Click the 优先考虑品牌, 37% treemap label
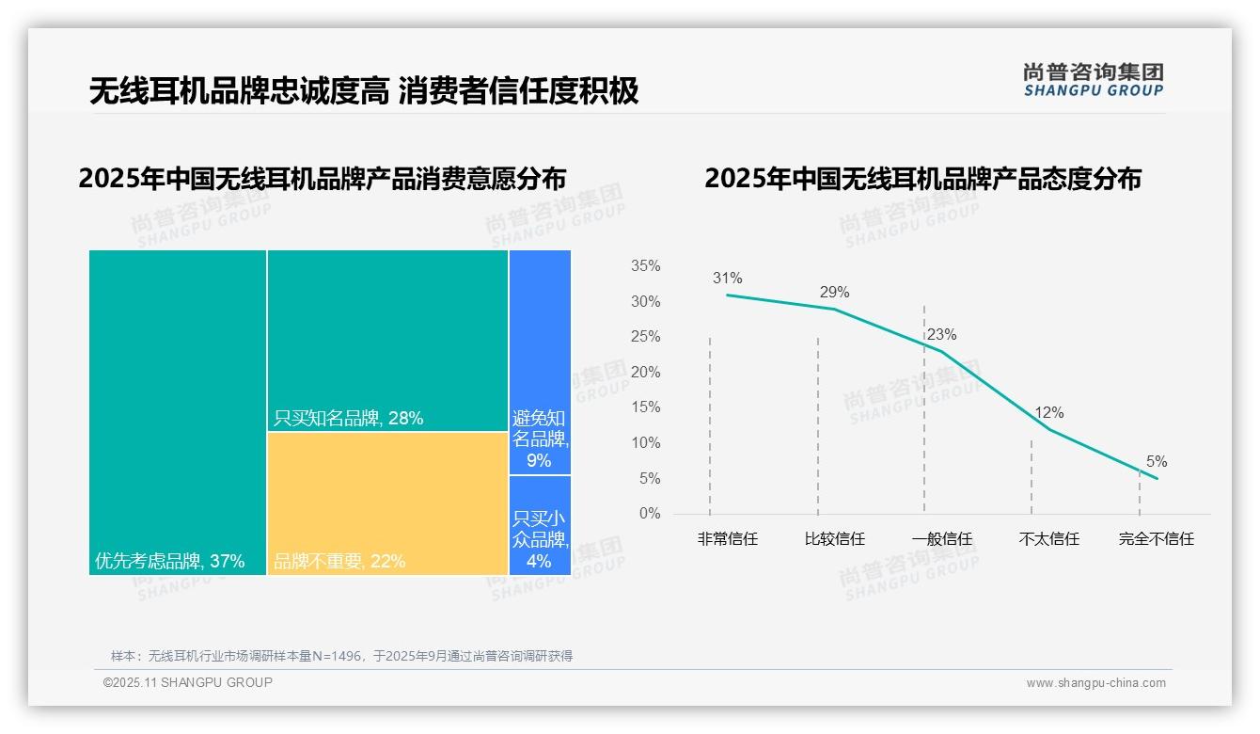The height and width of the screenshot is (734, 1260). tap(169, 562)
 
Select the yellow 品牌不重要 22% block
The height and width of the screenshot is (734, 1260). tap(387, 503)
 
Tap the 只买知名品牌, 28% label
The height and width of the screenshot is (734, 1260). tap(348, 419)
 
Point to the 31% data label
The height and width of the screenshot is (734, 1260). tap(727, 279)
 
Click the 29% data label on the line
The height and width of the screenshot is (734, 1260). tap(834, 292)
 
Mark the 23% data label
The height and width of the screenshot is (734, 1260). tap(941, 335)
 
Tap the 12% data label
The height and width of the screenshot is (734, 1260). tap(1048, 413)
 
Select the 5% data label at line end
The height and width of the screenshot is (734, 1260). tap(1157, 462)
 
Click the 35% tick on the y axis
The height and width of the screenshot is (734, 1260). tap(645, 266)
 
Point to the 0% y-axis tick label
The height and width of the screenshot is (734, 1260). tap(649, 514)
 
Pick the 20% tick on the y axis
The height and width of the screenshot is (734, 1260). tap(645, 373)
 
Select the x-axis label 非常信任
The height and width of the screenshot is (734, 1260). tap(727, 539)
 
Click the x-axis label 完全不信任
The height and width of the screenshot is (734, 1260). tap(1156, 539)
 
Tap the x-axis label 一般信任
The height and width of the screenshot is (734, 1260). tap(941, 539)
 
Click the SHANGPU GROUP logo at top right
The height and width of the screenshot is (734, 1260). tap(1093, 80)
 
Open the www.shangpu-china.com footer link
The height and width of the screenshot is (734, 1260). tap(1095, 683)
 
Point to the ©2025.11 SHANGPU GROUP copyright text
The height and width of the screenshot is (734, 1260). tap(188, 683)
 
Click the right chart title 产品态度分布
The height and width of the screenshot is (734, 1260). tap(922, 179)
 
